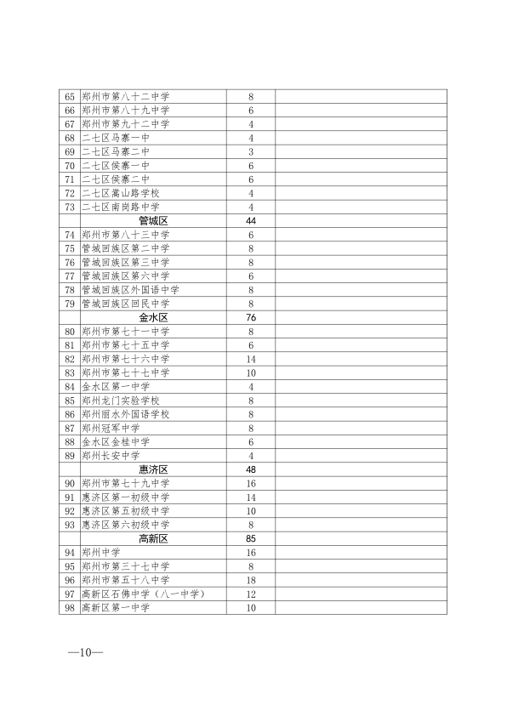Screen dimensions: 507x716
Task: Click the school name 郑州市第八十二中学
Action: (x=125, y=97)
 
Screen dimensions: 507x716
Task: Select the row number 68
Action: (x=70, y=138)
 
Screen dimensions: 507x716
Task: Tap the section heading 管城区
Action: (x=153, y=220)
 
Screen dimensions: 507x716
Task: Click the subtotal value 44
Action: (x=251, y=220)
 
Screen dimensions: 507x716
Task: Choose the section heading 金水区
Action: (x=153, y=317)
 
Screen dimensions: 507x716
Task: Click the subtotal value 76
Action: (x=251, y=317)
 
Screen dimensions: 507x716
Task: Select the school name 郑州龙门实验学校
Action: (x=120, y=400)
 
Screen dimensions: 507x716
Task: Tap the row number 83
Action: (x=70, y=372)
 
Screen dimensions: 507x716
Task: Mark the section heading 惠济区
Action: (x=153, y=469)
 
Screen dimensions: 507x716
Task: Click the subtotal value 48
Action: (x=251, y=469)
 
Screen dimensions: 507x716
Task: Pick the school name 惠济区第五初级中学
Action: (x=125, y=511)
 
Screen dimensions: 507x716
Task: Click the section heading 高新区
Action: (x=153, y=538)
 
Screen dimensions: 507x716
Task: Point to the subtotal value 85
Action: (x=251, y=538)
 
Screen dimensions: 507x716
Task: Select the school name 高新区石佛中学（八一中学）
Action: (x=144, y=594)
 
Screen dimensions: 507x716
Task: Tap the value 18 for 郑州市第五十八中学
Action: (x=251, y=580)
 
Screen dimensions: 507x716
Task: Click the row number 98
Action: (x=70, y=607)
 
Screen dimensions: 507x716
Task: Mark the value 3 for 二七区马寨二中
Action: (x=251, y=151)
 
